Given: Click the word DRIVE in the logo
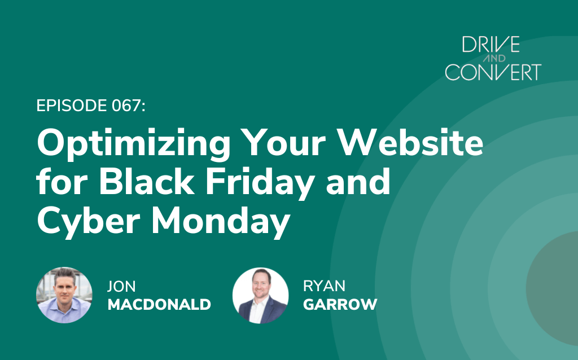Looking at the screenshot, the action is pos(491,45).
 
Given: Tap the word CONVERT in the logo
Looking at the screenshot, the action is pos(493,72).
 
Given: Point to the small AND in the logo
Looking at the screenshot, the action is pos(494,58).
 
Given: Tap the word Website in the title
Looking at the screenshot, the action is pos(411,142).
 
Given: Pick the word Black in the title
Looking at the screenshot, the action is pos(146,181).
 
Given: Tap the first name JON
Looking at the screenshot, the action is pos(121,286).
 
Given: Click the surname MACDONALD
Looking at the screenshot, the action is pos(159,304).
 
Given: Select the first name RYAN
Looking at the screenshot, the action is pos(325,286).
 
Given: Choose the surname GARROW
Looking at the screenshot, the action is pos(340,304).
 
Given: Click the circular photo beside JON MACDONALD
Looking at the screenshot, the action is pos(64,295).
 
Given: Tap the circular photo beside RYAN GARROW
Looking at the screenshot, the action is pos(261,296).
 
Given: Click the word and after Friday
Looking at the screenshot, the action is pos(358,181).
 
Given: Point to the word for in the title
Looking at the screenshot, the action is pos(62,181).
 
